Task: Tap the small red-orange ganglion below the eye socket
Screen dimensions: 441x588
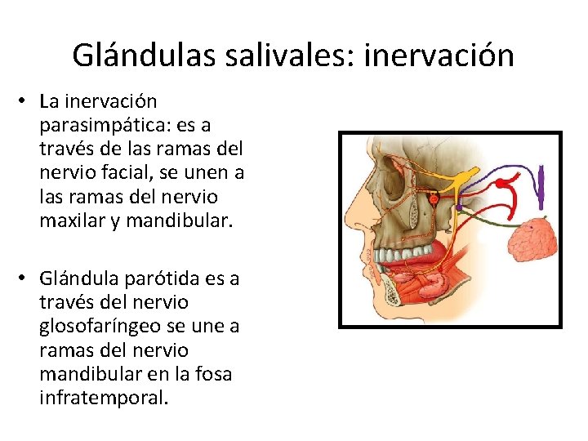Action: click(434, 198)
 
